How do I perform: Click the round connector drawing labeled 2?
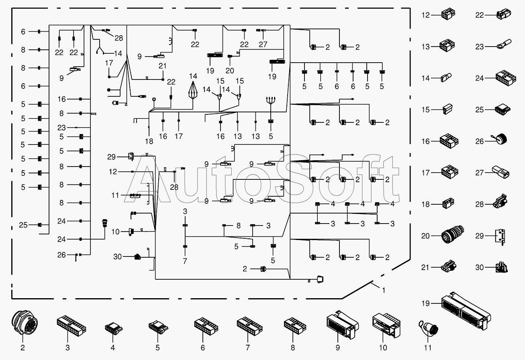click(x=25, y=323)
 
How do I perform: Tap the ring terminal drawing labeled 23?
click(x=504, y=45)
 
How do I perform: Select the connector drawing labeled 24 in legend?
click(x=506, y=78)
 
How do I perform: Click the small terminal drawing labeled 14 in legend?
click(x=446, y=77)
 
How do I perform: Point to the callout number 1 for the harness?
click(x=384, y=291)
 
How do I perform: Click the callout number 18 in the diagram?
click(x=149, y=141)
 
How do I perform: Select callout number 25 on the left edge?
click(x=23, y=225)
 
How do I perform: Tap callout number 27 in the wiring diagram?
click(x=263, y=44)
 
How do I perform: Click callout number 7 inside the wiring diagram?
click(x=185, y=261)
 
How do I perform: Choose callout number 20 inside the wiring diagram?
click(x=230, y=71)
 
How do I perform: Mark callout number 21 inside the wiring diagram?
click(x=162, y=66)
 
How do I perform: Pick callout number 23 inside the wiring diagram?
click(x=61, y=128)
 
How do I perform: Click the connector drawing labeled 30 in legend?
click(x=502, y=267)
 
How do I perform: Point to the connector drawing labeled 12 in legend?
click(x=448, y=14)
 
